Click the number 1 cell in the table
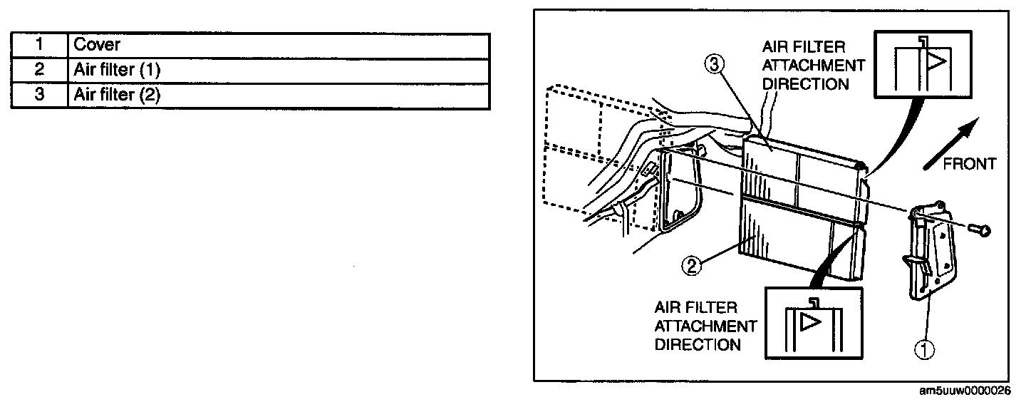coord(39,45)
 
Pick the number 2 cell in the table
coord(39,71)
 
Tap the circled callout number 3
coord(715,66)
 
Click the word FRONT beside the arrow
coord(969,165)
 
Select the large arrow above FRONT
coord(948,143)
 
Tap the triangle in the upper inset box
coord(936,61)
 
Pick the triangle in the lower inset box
coord(810,322)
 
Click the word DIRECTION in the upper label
coord(806,83)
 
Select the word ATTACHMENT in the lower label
coord(705,326)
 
